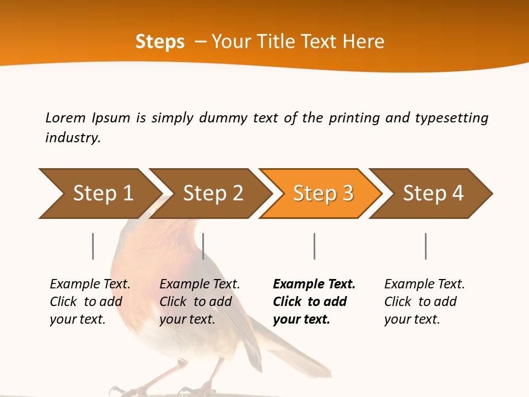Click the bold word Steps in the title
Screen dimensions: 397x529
pyautogui.click(x=160, y=42)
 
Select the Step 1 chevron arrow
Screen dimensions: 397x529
pyautogui.click(x=99, y=194)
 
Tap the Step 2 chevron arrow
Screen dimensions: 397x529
pyautogui.click(x=212, y=194)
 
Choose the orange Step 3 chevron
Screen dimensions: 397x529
pyautogui.click(x=322, y=194)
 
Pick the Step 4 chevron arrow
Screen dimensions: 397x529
pyautogui.click(x=433, y=194)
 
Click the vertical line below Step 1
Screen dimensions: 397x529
pyautogui.click(x=93, y=246)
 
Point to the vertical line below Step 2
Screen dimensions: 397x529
pyautogui.click(x=203, y=246)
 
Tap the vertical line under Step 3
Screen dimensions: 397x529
pyautogui.click(x=314, y=246)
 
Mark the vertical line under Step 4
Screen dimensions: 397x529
pyautogui.click(x=425, y=246)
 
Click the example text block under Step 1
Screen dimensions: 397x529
pyautogui.click(x=89, y=302)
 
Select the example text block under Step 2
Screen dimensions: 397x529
pyautogui.click(x=199, y=302)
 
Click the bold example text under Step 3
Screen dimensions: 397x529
pyautogui.click(x=314, y=302)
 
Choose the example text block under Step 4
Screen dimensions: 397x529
pyautogui.click(x=424, y=302)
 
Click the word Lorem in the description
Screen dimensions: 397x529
pyautogui.click(x=65, y=118)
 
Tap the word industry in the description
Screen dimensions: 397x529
pyautogui.click(x=72, y=138)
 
